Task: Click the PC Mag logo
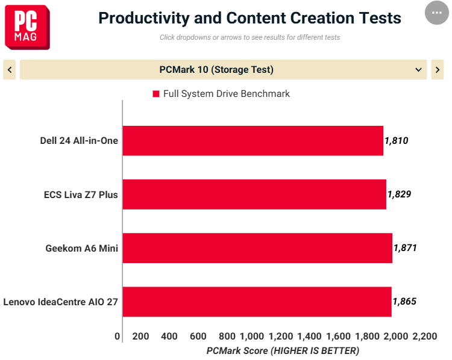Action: pos(27,27)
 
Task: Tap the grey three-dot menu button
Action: pos(437,13)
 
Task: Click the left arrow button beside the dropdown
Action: pos(10,70)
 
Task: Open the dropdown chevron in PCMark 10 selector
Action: pos(418,70)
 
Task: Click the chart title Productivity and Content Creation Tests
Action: pos(250,18)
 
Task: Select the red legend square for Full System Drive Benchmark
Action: pos(156,94)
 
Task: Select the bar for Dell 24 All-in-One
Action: pos(253,141)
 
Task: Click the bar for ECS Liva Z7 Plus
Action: pos(254,194)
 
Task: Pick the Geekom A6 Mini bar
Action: pos(257,248)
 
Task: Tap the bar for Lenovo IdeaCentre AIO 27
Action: pos(257,302)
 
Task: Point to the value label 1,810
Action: pos(397,140)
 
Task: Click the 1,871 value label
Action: pos(406,247)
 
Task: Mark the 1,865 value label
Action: pos(405,302)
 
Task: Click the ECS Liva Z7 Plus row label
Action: pos(81,194)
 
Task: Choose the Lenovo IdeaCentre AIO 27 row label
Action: pos(60,302)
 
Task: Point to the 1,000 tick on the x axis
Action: pos(252,336)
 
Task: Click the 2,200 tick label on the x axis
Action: pos(425,336)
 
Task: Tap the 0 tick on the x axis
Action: pos(117,336)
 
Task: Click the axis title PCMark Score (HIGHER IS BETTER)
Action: pos(283,351)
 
